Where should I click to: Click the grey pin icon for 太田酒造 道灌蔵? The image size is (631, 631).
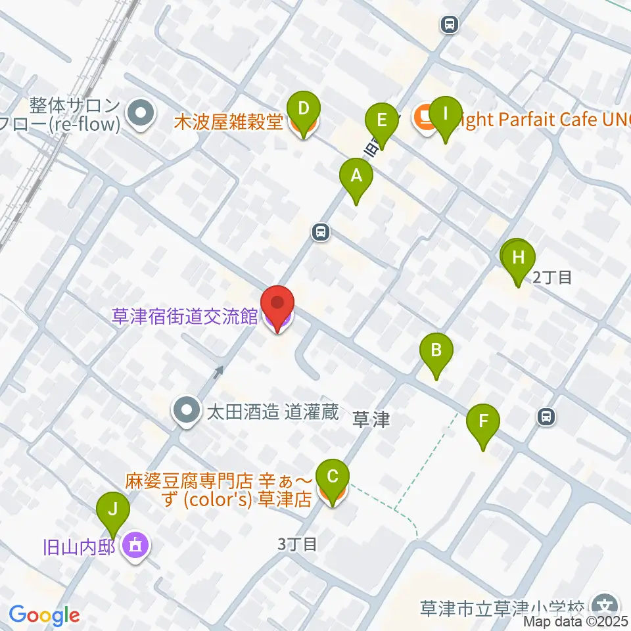186,412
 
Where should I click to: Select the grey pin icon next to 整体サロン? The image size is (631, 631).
140,114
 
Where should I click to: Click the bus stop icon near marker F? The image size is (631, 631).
546,416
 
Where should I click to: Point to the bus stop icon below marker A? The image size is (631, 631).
321,231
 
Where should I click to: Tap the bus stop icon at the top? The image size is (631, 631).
450,25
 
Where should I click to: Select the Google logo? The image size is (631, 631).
44,615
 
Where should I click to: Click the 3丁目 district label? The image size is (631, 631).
297,544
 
